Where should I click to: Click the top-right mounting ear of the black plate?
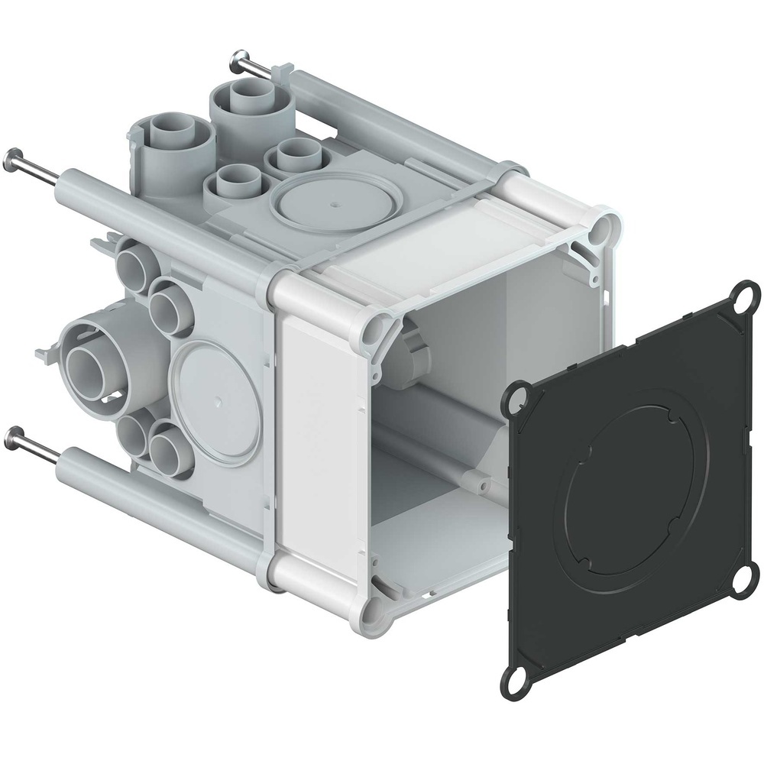coord(746,295)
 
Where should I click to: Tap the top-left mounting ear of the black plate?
coord(516,397)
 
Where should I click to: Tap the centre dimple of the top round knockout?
coord(333,204)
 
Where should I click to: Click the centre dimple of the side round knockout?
coord(218,400)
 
